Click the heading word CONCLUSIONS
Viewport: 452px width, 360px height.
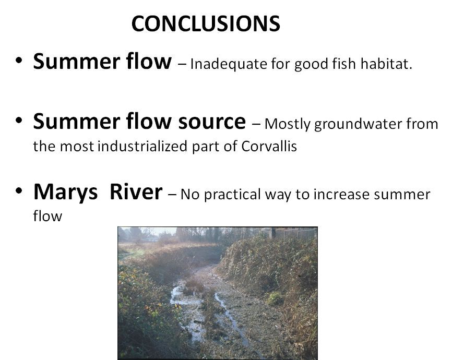point(206,23)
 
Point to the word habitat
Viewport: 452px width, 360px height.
point(386,64)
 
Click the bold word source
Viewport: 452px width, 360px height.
point(212,122)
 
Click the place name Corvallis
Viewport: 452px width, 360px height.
point(269,146)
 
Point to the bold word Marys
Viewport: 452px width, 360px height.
point(65,193)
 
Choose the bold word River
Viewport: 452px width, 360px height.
point(136,191)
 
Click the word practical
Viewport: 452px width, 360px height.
point(232,195)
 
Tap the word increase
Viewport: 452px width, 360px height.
point(341,194)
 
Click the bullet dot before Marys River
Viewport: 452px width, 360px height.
point(19,190)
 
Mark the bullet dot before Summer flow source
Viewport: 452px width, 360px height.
point(19,120)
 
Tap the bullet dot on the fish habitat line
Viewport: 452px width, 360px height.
point(19,61)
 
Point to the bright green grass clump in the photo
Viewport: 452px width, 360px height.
point(275,298)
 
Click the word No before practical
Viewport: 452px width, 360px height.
point(190,195)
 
